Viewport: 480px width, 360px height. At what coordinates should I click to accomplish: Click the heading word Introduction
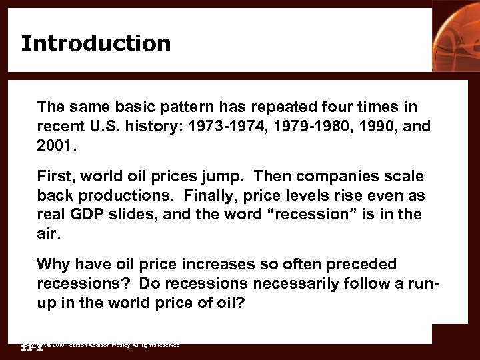(x=95, y=43)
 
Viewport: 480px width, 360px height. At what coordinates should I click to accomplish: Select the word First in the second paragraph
(x=54, y=176)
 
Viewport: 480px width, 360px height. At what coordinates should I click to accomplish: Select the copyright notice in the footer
(x=100, y=345)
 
